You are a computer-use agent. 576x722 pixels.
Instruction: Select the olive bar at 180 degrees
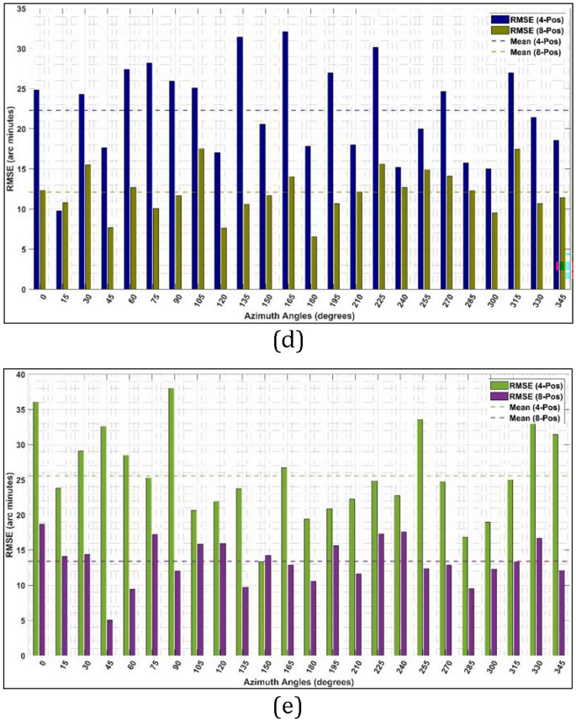(314, 261)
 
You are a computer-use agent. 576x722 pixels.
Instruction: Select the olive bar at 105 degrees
(201, 218)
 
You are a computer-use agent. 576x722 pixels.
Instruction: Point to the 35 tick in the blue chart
(21, 9)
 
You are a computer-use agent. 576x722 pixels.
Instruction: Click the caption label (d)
(288, 341)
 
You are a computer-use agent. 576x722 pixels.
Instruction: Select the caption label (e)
(288, 709)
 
